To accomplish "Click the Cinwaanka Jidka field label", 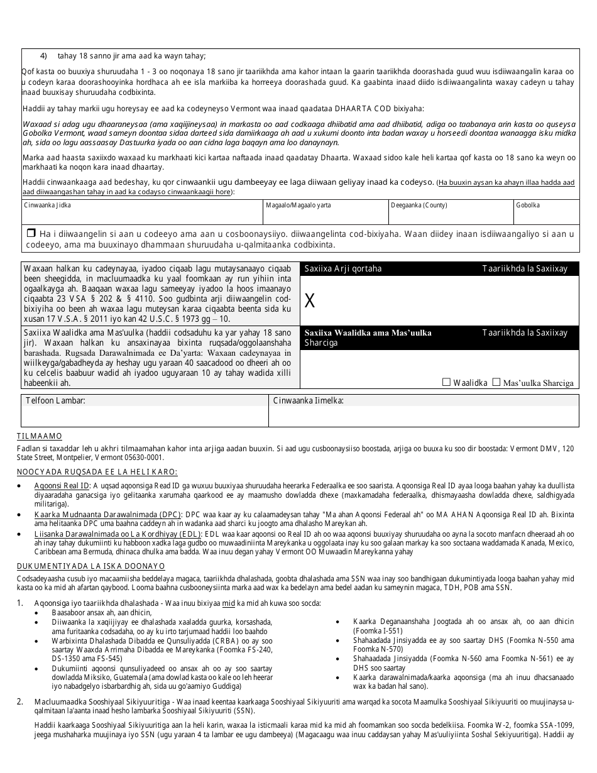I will [x=47, y=206].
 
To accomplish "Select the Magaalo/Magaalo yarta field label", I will [x=298, y=206].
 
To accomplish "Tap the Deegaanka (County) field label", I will [x=419, y=206].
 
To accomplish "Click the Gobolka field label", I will [x=527, y=206].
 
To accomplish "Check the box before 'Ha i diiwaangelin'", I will [x=30, y=234].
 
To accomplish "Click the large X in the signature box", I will [x=309, y=301].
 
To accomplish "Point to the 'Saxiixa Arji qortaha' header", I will [x=342, y=268].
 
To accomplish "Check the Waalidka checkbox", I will [x=447, y=381].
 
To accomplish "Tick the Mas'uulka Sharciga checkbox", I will [x=496, y=381].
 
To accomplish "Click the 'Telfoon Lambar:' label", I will [x=55, y=400].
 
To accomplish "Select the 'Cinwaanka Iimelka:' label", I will [x=308, y=400].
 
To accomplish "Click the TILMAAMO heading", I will [x=39, y=436].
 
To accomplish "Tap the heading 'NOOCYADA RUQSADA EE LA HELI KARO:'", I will [x=97, y=472].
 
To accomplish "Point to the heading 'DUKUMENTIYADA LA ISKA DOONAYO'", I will [x=90, y=566].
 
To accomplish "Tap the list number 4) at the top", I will [x=44, y=56].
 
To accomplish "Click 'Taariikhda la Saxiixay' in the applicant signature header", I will [x=525, y=268].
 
